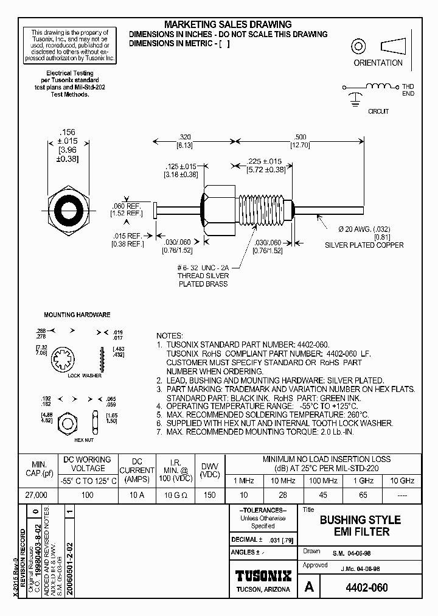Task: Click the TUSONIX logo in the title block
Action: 263,576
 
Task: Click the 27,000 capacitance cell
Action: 38,496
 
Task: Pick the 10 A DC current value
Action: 136,496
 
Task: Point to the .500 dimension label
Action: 301,137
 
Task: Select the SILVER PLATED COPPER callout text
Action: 364,245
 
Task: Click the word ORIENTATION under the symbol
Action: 378,63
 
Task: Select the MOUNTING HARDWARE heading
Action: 77,315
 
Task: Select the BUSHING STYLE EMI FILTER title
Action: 360,525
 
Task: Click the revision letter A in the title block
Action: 309,588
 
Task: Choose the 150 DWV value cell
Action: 209,496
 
